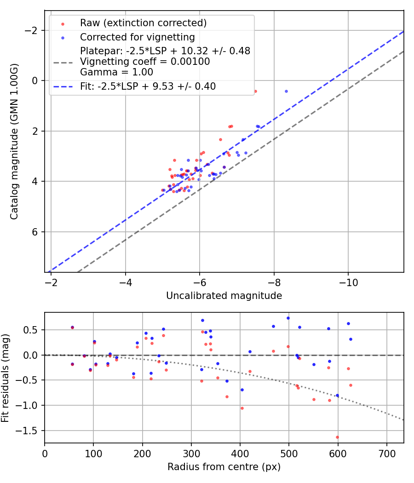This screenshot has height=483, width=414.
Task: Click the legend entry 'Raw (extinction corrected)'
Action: (143, 23)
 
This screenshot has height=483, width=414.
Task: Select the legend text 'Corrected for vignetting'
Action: (137, 37)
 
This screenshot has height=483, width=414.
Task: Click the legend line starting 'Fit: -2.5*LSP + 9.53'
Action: (148, 86)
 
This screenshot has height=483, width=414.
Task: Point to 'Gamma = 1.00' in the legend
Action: (116, 72)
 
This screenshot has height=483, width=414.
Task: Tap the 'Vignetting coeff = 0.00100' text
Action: (145, 62)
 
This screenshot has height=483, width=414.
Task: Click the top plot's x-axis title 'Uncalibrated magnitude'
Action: (224, 296)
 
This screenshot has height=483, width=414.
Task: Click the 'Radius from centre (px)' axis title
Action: (224, 467)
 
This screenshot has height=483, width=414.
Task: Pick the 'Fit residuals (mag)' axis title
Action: (6, 378)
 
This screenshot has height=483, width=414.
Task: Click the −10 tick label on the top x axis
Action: (348, 281)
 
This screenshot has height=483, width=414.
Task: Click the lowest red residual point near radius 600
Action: (337, 437)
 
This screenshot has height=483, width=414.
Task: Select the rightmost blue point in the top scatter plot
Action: (286, 91)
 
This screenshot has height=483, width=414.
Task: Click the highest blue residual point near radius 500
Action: (288, 318)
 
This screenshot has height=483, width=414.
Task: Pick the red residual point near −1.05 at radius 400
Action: (242, 408)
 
